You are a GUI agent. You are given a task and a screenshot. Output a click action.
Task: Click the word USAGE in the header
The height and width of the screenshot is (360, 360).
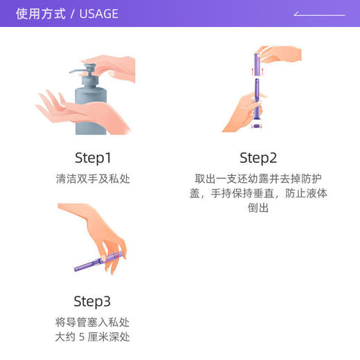click(x=98, y=14)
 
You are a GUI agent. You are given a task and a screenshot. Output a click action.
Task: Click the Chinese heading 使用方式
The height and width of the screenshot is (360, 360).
click(x=42, y=14)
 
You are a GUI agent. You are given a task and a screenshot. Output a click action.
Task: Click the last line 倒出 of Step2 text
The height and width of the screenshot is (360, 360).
click(x=258, y=208)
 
